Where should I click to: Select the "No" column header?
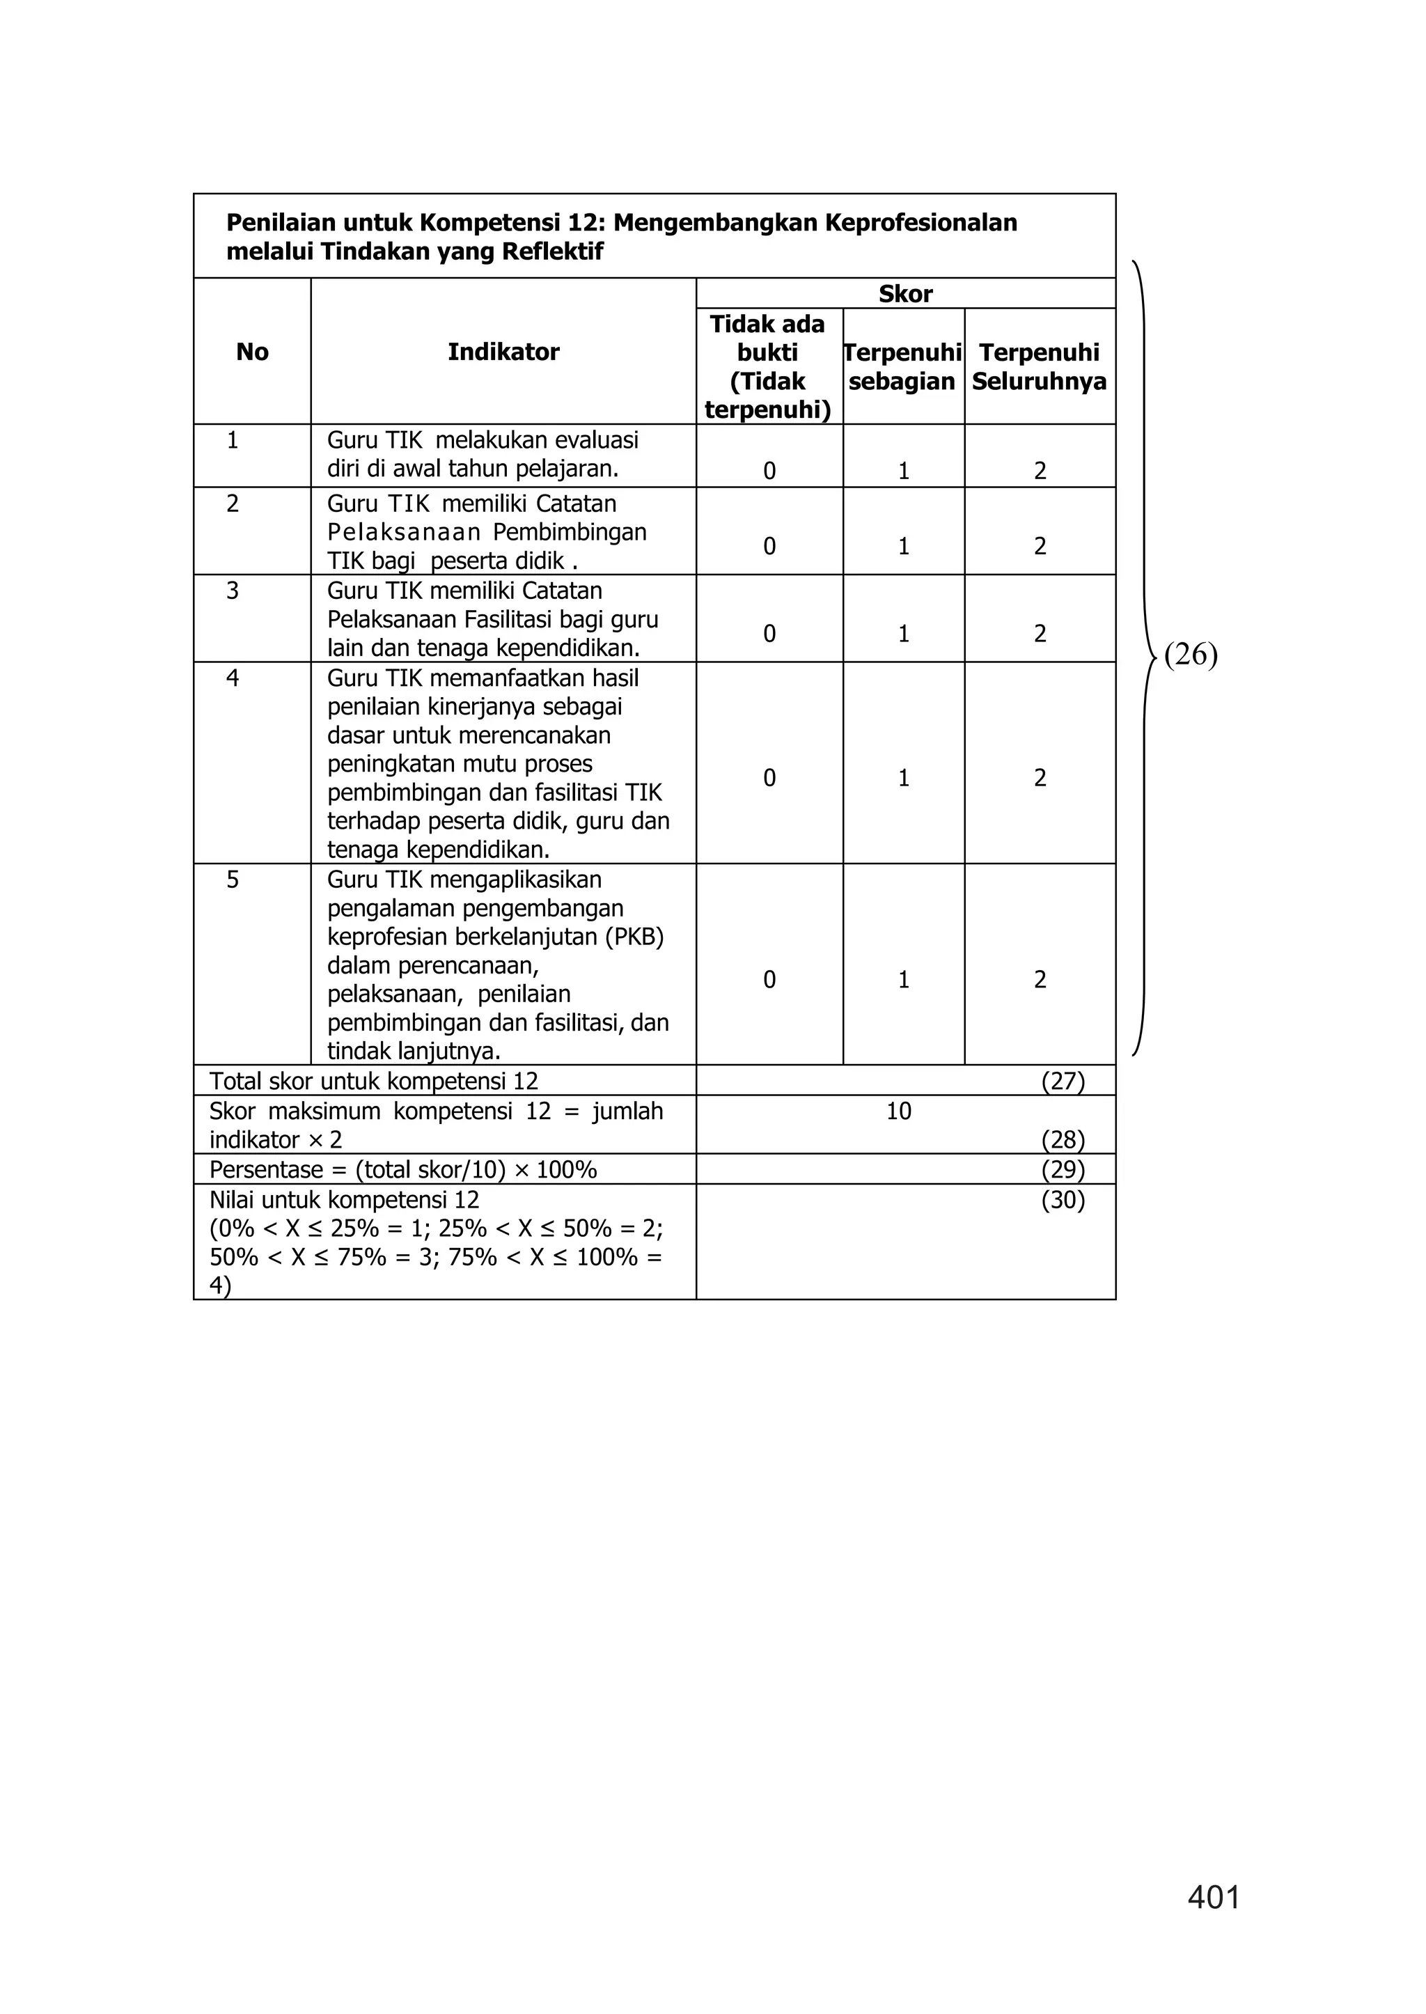252,352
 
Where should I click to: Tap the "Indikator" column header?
503,352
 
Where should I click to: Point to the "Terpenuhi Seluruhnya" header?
1039,366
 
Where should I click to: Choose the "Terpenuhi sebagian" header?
902,366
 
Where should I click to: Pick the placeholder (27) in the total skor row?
1063,1082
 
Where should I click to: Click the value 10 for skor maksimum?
898,1111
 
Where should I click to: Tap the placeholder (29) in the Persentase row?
1063,1170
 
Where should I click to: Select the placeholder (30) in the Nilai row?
1063,1200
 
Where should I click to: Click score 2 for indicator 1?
1040,471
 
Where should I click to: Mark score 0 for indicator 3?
769,634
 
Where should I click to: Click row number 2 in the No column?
233,504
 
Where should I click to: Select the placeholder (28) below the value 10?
1063,1140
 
